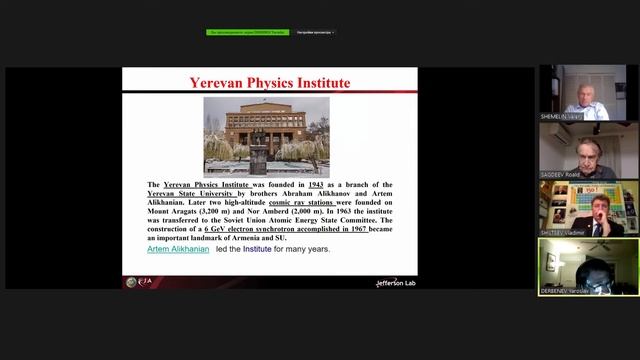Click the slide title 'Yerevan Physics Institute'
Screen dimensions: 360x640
(x=270, y=83)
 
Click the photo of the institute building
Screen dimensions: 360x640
(x=267, y=136)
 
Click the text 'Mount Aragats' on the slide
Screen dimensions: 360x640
(x=174, y=212)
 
